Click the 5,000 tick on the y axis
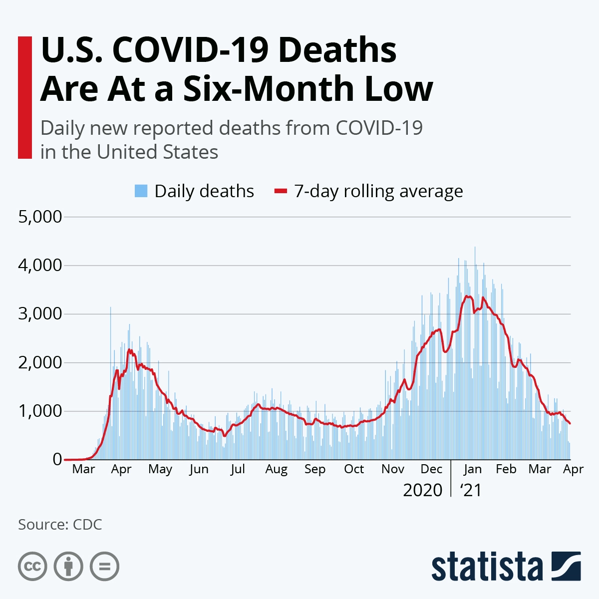[40, 217]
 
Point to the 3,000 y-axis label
[40, 314]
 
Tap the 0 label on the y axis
[57, 459]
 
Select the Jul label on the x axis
[238, 469]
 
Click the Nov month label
[393, 469]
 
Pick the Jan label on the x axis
[472, 469]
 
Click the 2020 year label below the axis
[422, 490]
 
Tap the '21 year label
[471, 490]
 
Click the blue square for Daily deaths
[141, 191]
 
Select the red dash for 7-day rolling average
[281, 191]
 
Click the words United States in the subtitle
[157, 152]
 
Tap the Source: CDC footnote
[60, 525]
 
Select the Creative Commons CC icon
[32, 567]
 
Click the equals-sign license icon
[104, 567]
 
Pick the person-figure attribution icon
[68, 567]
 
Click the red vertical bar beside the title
[24, 97]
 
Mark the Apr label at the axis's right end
[574, 469]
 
